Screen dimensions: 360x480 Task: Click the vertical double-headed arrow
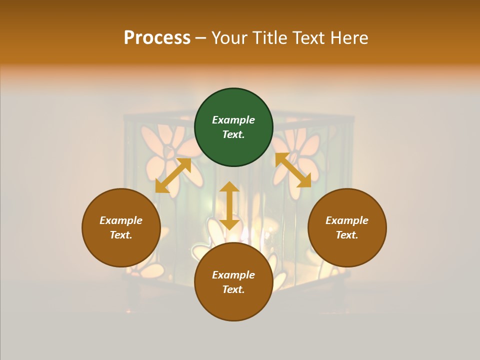pos(229,206)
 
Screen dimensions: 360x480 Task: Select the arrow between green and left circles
pos(173,175)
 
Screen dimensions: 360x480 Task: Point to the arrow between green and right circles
pos(293,170)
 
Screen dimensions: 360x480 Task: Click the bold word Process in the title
pos(157,37)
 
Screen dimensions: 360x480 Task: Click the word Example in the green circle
pos(233,120)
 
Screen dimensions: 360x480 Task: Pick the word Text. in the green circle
pos(233,134)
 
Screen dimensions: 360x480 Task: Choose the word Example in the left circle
pos(121,220)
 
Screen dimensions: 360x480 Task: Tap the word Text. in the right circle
pos(347,235)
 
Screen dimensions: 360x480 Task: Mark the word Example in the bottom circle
pos(233,275)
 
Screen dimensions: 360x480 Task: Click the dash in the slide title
pos(201,38)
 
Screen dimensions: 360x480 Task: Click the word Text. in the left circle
pos(121,235)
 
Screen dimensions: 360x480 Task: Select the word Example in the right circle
pos(347,220)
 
